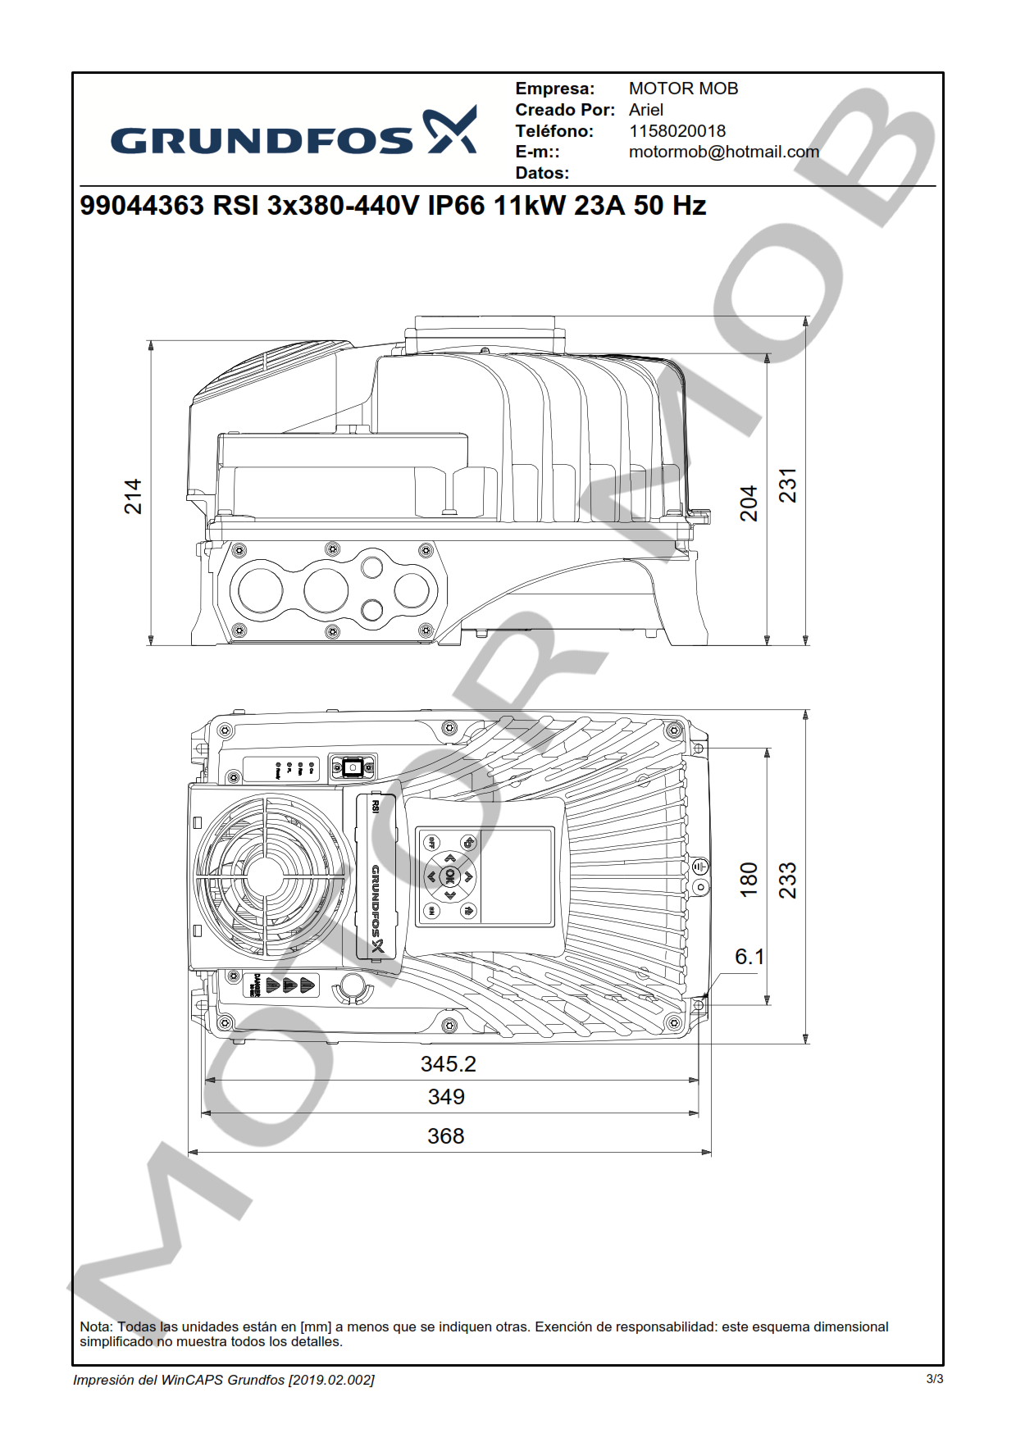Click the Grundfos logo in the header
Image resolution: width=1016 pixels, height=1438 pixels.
pyautogui.click(x=293, y=131)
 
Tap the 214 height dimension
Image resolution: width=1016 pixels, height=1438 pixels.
pyautogui.click(x=133, y=497)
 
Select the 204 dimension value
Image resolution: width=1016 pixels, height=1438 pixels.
pyautogui.click(x=749, y=503)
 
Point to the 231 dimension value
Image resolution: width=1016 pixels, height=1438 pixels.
pyautogui.click(x=787, y=485)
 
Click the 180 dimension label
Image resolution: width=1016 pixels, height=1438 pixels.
pyautogui.click(x=749, y=880)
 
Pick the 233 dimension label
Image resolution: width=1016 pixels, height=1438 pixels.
pyautogui.click(x=787, y=880)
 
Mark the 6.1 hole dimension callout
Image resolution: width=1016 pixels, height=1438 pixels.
pyautogui.click(x=749, y=957)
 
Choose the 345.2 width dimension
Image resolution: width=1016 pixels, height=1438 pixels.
pyautogui.click(x=448, y=1064)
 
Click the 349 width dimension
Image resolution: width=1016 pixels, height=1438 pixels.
pyautogui.click(x=446, y=1097)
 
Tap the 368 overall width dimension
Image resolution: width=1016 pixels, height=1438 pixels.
pyautogui.click(x=445, y=1136)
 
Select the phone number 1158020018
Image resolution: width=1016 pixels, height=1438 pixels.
pyautogui.click(x=677, y=131)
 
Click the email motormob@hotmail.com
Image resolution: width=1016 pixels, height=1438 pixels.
pyautogui.click(x=723, y=152)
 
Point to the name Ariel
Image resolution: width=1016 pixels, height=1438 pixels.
pyautogui.click(x=645, y=110)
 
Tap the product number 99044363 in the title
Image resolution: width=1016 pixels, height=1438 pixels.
pyautogui.click(x=142, y=205)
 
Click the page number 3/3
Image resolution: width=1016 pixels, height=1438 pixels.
pyautogui.click(x=934, y=1379)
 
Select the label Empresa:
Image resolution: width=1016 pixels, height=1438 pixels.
pyautogui.click(x=554, y=89)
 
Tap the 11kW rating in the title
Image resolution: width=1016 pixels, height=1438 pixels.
pyautogui.click(x=529, y=205)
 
